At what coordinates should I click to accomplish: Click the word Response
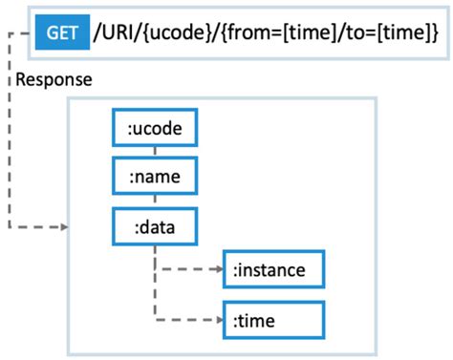pyautogui.click(x=54, y=79)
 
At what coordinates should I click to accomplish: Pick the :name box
pyautogui.click(x=154, y=178)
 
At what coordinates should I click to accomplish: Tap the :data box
pyautogui.click(x=154, y=226)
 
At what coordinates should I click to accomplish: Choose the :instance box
pyautogui.click(x=272, y=270)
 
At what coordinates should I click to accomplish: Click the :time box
pyautogui.click(x=272, y=319)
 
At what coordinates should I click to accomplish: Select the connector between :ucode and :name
pyautogui.click(x=154, y=153)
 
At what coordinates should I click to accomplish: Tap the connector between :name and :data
pyautogui.click(x=154, y=201)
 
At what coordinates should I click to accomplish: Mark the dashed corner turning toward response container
pyautogui.click(x=11, y=227)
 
